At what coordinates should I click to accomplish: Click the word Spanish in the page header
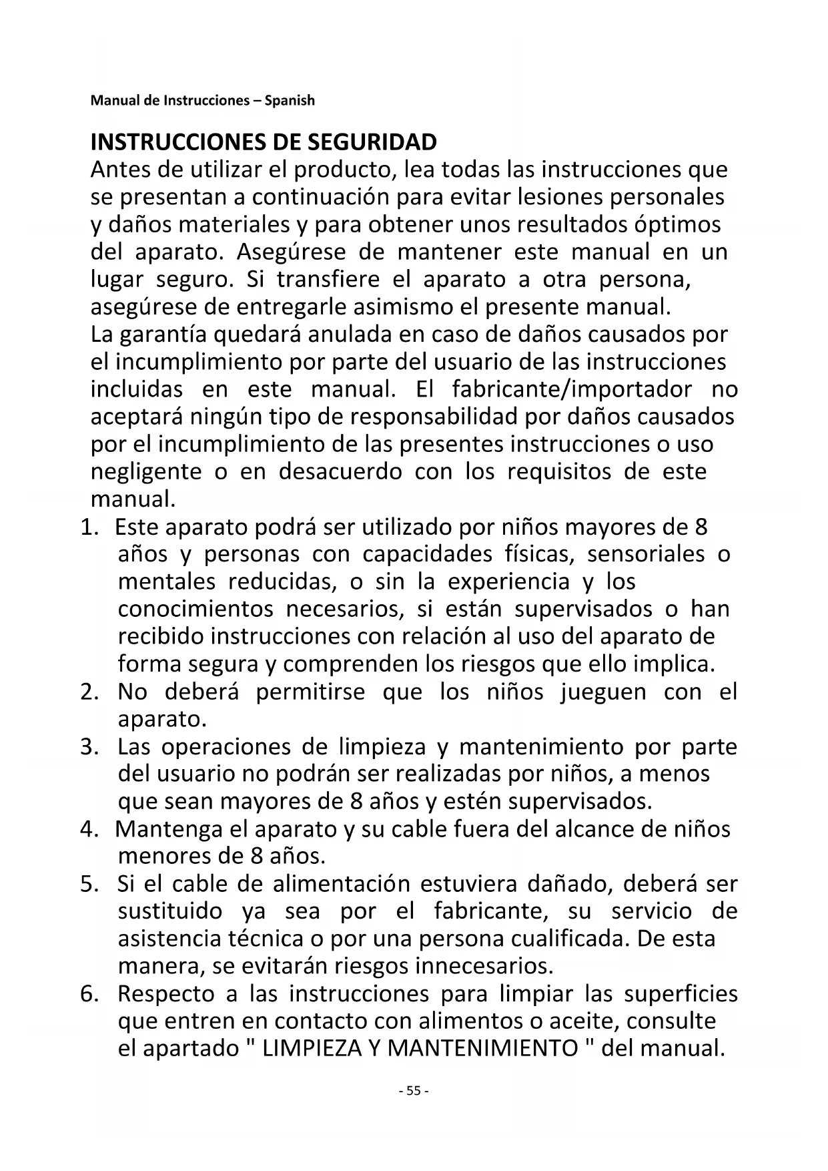(289, 101)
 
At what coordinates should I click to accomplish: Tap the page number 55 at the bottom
(413, 1091)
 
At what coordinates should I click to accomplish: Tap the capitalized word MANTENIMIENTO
(482, 1048)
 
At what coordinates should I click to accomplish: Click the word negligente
(146, 471)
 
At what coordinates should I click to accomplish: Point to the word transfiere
(328, 279)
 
